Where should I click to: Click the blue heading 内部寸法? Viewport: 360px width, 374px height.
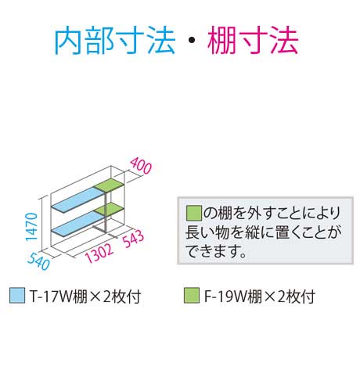point(115,41)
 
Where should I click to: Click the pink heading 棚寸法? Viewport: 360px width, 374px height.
point(253,41)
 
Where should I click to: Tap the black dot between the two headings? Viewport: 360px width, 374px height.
point(192,40)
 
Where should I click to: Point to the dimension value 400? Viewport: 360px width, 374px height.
point(141,166)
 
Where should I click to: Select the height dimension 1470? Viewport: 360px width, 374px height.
point(31,227)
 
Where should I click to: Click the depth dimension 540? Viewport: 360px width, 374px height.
point(38,261)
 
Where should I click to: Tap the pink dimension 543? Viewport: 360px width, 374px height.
point(134,239)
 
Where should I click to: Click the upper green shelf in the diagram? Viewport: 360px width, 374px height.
point(110,185)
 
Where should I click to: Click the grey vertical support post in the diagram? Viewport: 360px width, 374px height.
point(106,212)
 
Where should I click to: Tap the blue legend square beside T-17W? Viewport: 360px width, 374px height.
point(17,296)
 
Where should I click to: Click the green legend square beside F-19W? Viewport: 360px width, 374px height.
point(192,296)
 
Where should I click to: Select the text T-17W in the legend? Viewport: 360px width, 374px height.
point(51,297)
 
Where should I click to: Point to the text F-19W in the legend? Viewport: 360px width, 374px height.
point(225,297)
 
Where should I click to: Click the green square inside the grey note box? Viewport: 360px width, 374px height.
point(194,213)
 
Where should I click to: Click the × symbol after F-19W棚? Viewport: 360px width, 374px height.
point(269,297)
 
